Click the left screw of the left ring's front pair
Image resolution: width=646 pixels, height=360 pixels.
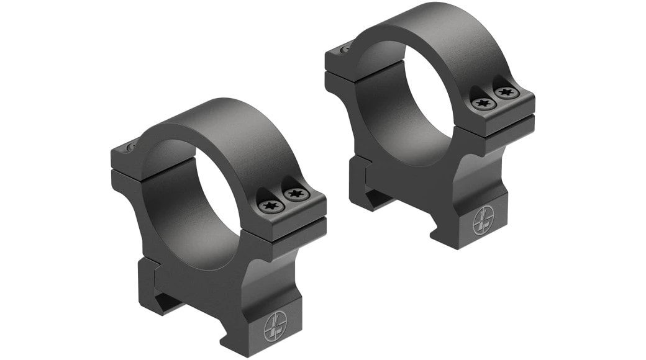(x=268, y=205)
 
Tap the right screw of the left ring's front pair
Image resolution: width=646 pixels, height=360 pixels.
(x=293, y=196)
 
